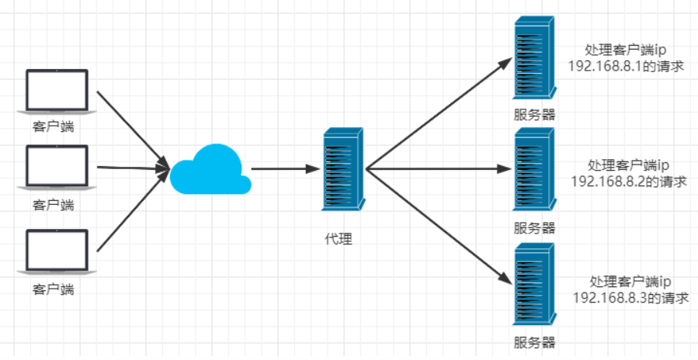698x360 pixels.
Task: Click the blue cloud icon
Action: point(210,170)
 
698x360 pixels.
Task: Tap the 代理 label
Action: point(339,239)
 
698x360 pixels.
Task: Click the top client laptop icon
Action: point(57,92)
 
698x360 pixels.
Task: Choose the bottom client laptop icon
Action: point(57,254)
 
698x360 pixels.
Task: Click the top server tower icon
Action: point(534,61)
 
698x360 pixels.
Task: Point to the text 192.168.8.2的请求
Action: point(629,181)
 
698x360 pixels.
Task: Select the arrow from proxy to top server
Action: point(439,112)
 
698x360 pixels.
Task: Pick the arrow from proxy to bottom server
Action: point(439,224)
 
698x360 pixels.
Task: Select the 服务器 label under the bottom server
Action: point(534,342)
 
